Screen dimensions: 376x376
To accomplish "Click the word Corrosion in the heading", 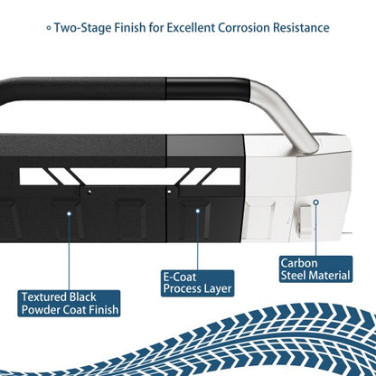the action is tap(244, 28).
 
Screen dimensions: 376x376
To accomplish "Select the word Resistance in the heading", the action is tap(301, 28).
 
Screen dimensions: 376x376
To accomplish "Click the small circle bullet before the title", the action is tap(49, 28).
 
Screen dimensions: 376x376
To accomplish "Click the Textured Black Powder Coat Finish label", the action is tap(69, 304).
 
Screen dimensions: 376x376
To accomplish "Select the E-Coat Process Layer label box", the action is tap(197, 283).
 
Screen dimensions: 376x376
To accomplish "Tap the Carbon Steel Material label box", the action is tap(315, 269).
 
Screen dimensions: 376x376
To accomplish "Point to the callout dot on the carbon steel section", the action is tap(315, 202).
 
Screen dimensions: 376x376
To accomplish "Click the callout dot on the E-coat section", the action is tap(198, 211).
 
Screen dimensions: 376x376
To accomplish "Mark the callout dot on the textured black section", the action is tap(69, 213).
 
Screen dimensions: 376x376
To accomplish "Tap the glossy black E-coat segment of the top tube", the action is tap(208, 89).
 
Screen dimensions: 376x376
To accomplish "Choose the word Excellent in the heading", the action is tap(191, 28).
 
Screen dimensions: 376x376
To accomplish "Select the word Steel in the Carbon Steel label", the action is tap(294, 276).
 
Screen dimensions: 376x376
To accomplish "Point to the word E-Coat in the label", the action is tap(180, 277).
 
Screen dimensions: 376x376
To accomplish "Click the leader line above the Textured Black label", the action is tap(69, 253).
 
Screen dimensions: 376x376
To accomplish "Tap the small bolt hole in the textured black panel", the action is tap(89, 192).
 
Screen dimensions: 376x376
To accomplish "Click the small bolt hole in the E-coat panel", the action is tap(170, 192).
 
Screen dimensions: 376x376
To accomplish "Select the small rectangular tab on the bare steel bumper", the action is tap(305, 220).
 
